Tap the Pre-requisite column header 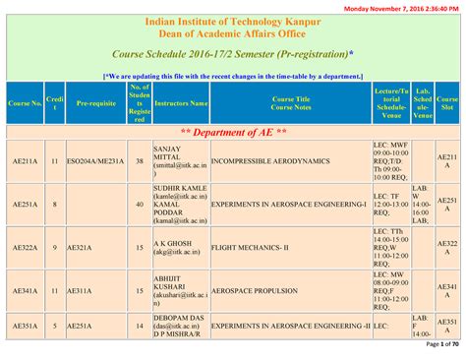tap(96, 102)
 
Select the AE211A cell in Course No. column tap(25, 161)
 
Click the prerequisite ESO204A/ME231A tap(96, 161)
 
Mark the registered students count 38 tap(139, 161)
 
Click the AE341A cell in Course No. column tap(25, 292)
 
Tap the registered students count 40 tap(139, 204)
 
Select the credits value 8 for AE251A tap(54, 204)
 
